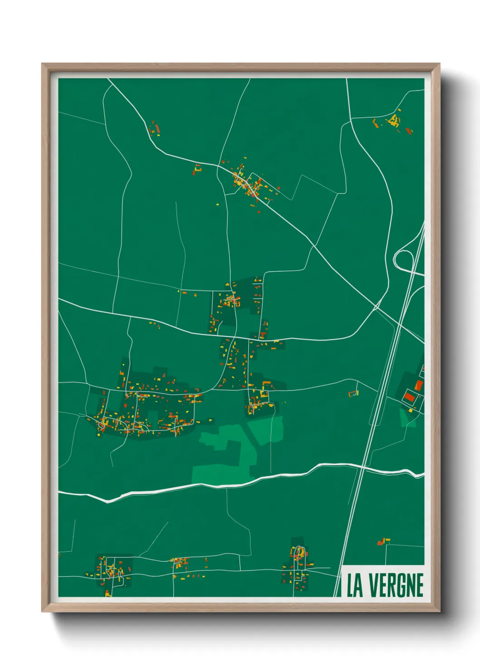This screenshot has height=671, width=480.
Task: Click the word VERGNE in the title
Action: pos(397,585)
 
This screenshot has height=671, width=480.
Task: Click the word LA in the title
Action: pos(355,585)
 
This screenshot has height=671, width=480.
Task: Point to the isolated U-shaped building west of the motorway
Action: pos(353,393)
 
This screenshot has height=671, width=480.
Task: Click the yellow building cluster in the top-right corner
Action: pos(393,121)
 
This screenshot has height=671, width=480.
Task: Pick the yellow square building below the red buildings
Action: pos(411,410)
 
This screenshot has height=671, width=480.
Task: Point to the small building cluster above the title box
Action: pos(382,541)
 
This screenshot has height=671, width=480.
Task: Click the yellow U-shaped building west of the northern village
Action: pos(197,170)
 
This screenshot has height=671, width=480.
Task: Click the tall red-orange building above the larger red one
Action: pos(418,385)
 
